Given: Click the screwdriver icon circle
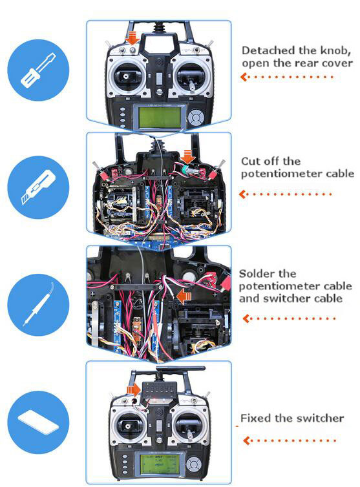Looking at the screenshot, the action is pyautogui.click(x=38, y=70).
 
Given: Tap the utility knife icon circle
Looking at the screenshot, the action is pyautogui.click(x=38, y=187).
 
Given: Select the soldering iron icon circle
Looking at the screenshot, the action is pyautogui.click(x=38, y=305).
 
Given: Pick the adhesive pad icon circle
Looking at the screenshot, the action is pyautogui.click(x=38, y=422).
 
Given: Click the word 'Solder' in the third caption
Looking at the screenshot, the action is pyautogui.click(x=257, y=274).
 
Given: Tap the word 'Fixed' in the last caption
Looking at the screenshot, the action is pyautogui.click(x=255, y=418).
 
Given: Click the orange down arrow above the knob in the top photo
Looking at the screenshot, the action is pyautogui.click(x=132, y=37).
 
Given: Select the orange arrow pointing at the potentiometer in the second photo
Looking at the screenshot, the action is pyautogui.click(x=188, y=156).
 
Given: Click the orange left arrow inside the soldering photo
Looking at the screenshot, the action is pyautogui.click(x=184, y=296).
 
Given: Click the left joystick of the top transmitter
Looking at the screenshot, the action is pyautogui.click(x=127, y=76).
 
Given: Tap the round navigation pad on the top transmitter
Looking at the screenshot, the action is pyautogui.click(x=196, y=118).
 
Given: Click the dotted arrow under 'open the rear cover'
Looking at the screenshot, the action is pyautogui.click(x=287, y=77).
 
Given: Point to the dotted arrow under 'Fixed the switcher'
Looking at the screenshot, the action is pyautogui.click(x=290, y=440).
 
